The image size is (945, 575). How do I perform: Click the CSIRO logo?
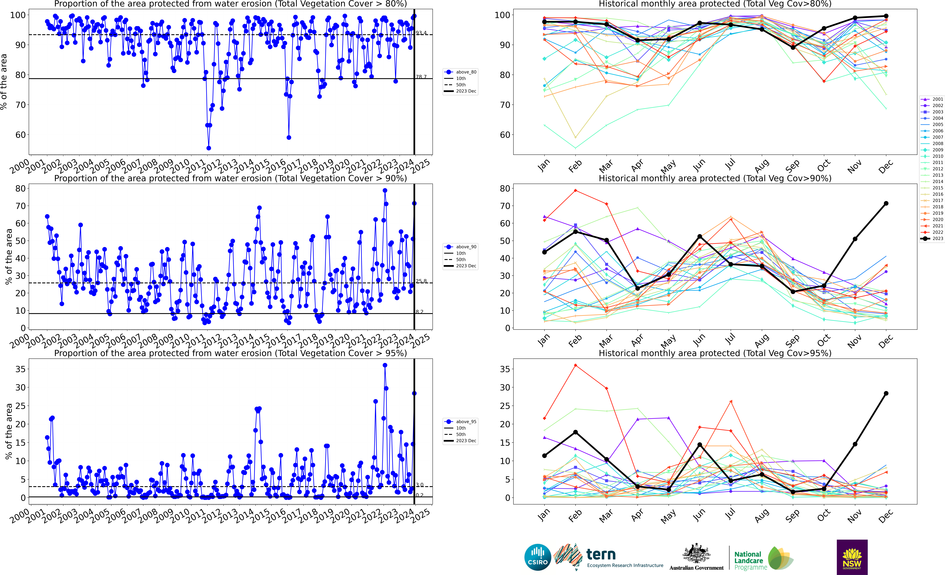tap(538, 557)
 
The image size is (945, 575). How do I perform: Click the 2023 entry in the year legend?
tap(932, 238)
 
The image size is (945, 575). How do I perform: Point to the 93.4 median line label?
tap(421, 33)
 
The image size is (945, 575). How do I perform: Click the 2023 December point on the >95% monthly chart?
tap(886, 393)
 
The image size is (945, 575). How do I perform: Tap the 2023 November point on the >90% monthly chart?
tap(855, 239)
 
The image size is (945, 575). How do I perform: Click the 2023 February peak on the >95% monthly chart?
tap(575, 432)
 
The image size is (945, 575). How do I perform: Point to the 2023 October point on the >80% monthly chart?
tap(824, 28)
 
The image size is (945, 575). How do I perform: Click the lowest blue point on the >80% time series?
tap(209, 148)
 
